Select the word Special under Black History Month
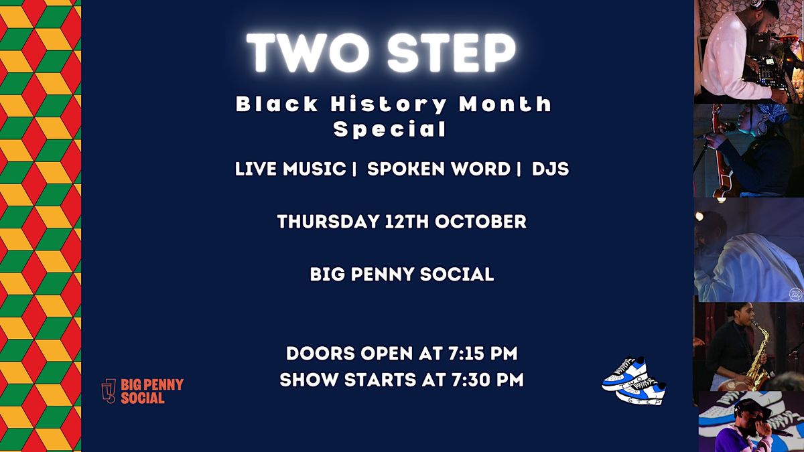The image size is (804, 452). (390, 129)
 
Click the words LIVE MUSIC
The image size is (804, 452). (290, 169)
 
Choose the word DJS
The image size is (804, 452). (550, 169)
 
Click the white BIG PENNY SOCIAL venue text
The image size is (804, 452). (402, 275)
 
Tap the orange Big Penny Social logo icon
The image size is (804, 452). (109, 390)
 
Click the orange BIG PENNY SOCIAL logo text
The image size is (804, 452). (152, 391)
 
